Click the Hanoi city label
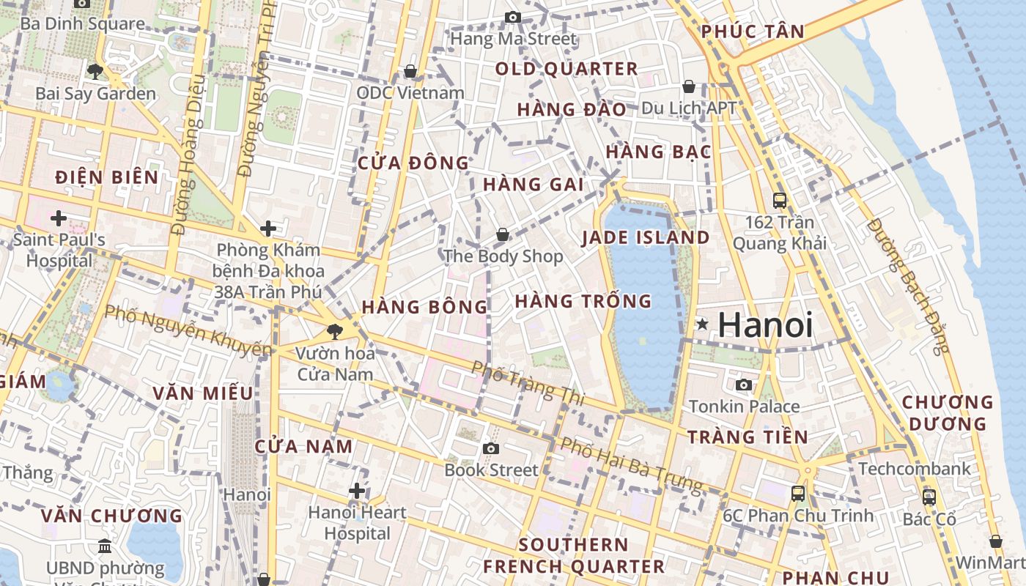[x=765, y=324]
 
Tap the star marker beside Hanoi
[x=702, y=324]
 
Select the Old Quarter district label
[x=566, y=69]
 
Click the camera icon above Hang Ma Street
[x=513, y=18]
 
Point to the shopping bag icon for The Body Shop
[x=503, y=234]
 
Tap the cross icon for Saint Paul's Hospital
[x=59, y=218]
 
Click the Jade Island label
[x=646, y=238]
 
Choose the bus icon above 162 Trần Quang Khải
[x=780, y=199]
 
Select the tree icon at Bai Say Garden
[x=95, y=71]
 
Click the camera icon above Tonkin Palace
[x=744, y=385]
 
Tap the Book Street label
[x=491, y=470]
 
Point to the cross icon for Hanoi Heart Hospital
[x=357, y=490]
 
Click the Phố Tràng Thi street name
[x=528, y=382]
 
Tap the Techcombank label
[x=914, y=468]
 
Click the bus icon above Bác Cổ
[x=929, y=497]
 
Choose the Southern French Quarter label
[x=573, y=555]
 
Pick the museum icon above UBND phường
[x=105, y=546]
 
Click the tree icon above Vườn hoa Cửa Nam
[x=335, y=331]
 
